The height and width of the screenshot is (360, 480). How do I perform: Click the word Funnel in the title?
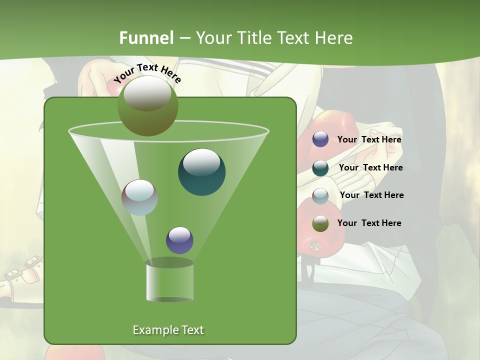[146, 38]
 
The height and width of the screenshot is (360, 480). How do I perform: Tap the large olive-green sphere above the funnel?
[148, 106]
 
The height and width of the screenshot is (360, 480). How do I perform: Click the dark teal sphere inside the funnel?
[201, 171]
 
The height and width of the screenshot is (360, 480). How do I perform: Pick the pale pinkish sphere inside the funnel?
[140, 197]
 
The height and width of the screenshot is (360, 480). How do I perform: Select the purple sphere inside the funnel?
[179, 240]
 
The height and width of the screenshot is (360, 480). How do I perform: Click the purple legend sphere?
[320, 139]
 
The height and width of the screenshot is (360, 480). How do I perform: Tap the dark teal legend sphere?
[320, 167]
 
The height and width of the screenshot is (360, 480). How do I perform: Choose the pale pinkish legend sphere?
[320, 195]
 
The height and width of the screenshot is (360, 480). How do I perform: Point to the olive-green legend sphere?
[320, 223]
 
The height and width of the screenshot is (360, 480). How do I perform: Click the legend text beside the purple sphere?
[369, 140]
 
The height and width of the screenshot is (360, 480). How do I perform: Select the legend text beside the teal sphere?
[370, 168]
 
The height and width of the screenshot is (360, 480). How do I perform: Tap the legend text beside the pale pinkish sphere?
[371, 195]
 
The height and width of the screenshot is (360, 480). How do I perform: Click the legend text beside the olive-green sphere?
[369, 223]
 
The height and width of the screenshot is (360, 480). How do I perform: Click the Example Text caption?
[168, 330]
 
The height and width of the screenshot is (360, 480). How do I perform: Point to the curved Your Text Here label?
[147, 73]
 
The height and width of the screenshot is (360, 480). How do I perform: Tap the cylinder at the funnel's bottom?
[170, 281]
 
